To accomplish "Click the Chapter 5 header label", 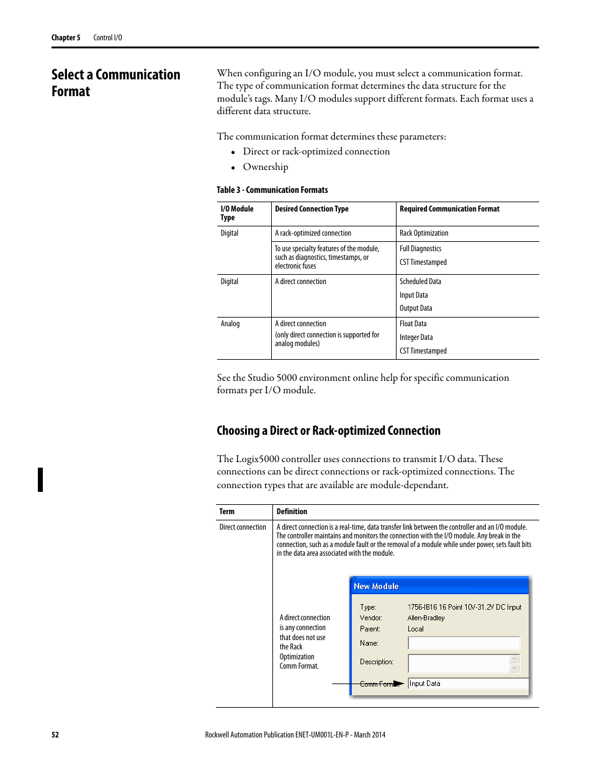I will (65, 38).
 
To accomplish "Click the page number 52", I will (55, 734).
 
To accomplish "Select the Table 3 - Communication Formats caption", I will (272, 190).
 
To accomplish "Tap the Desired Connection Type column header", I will (312, 209).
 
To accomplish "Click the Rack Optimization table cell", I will (424, 233).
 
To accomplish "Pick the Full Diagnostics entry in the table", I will (420, 249).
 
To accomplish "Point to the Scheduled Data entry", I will (420, 282).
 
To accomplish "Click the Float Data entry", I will (413, 324).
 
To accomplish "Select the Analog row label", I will (230, 324).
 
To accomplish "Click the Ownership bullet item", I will (265, 167).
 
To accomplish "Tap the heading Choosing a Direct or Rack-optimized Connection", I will (328, 430).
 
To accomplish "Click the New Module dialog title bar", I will (439, 586).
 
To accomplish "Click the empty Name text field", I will (463, 643).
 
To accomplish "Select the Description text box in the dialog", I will (459, 663).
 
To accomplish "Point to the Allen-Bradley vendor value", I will (426, 618).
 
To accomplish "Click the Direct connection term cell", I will (243, 527).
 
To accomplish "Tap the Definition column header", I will (292, 512).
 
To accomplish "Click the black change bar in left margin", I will (41, 479).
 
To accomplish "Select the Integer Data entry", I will (416, 337).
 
